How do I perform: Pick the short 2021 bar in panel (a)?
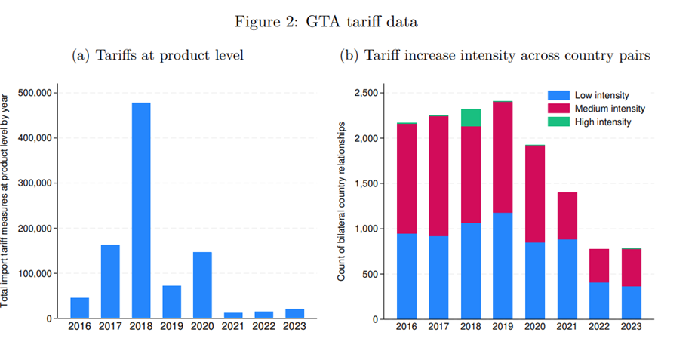[233, 315]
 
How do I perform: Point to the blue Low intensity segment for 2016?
[407, 276]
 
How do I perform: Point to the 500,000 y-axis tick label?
[32, 93]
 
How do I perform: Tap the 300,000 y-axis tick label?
[32, 183]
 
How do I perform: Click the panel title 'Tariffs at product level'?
[158, 54]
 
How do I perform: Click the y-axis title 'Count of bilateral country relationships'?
[342, 204]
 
